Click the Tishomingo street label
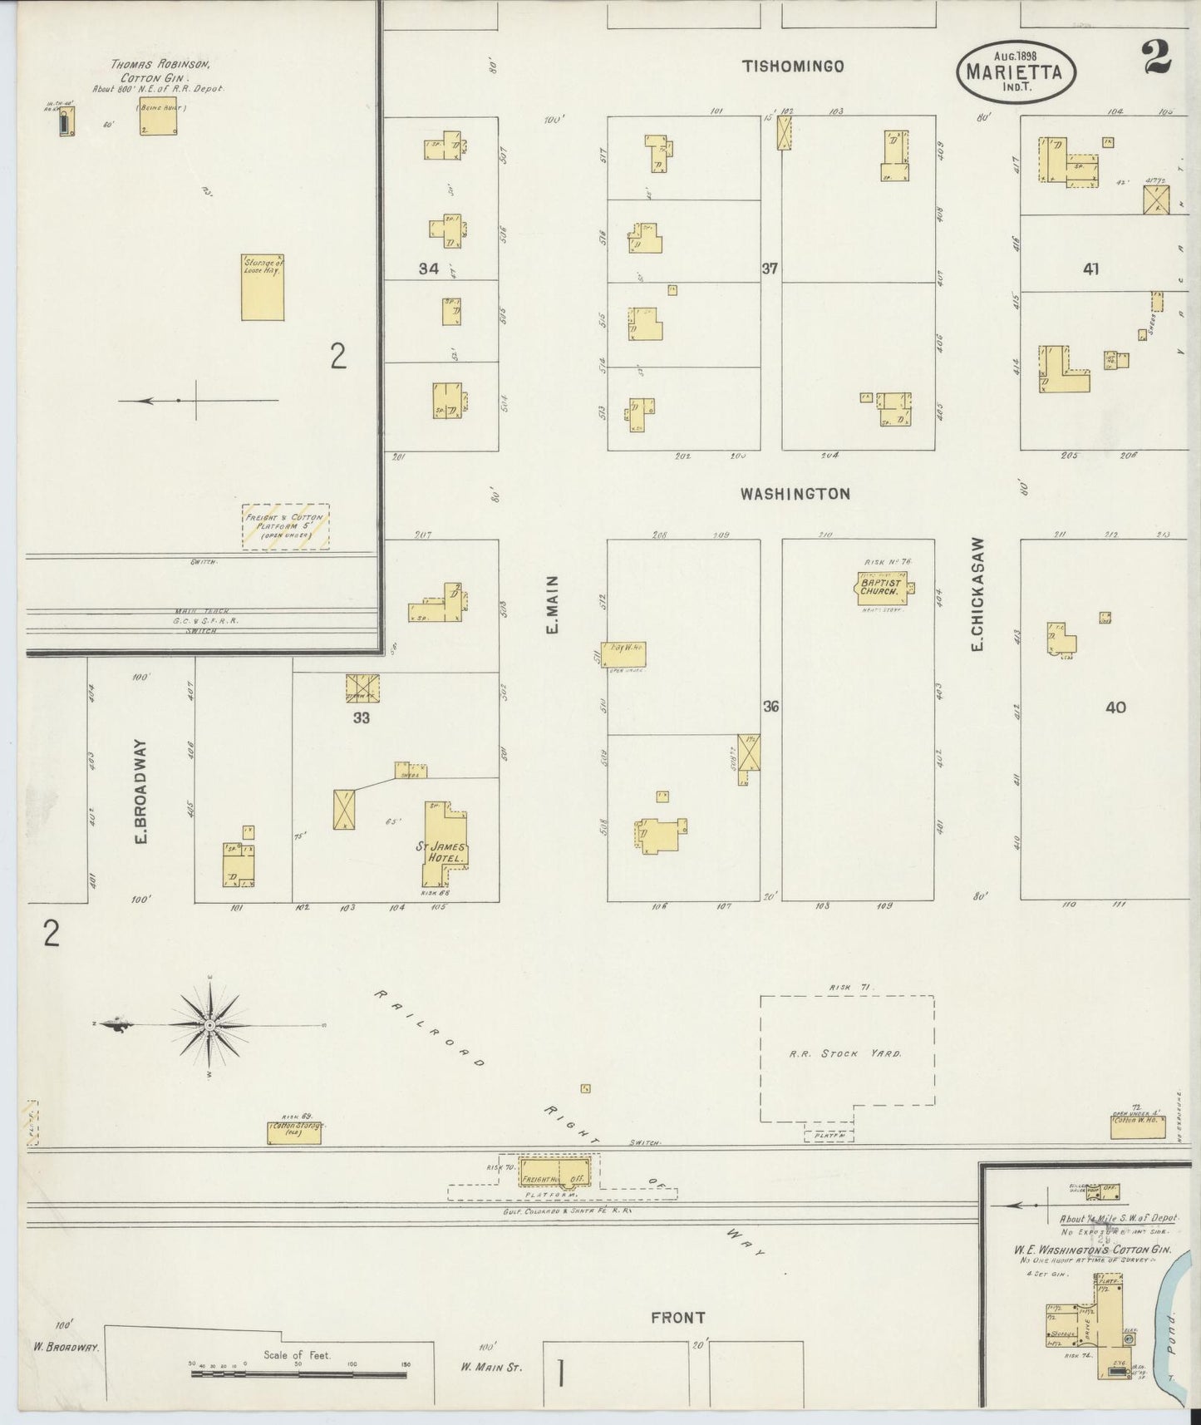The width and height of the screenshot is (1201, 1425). click(793, 67)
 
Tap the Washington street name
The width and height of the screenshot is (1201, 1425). click(795, 494)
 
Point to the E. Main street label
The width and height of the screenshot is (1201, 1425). click(552, 604)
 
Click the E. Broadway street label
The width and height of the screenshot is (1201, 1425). click(141, 791)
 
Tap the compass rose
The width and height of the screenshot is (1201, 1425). click(210, 1026)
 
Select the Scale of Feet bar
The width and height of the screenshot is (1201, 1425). click(298, 1374)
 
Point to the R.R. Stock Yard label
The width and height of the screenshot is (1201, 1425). click(846, 1053)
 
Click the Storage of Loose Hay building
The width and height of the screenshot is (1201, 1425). click(262, 287)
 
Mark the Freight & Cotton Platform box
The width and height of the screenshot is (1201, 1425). click(285, 525)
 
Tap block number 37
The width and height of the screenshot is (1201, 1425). click(770, 269)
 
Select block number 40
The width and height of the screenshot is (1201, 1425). click(1115, 708)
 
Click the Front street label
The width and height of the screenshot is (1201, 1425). click(678, 1317)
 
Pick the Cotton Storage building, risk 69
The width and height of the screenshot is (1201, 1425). click(295, 1132)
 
